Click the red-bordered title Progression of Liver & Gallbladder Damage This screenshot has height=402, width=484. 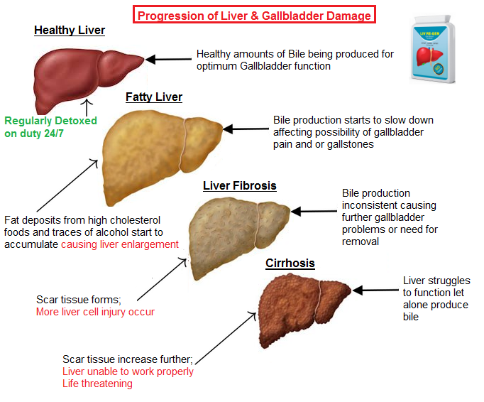pos(254,15)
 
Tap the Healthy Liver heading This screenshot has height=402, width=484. pos(70,31)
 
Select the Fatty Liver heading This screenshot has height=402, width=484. pos(154,97)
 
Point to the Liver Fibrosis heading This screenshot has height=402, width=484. pos(239,186)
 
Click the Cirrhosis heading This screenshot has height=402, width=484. pos(290,264)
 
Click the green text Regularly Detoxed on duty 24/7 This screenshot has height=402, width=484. pos(50,126)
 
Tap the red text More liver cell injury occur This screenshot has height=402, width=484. pos(95,312)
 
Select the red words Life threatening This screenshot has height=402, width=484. pos(97,384)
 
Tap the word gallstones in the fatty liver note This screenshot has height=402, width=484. pos(348,144)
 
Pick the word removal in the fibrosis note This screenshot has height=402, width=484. pos(361,241)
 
